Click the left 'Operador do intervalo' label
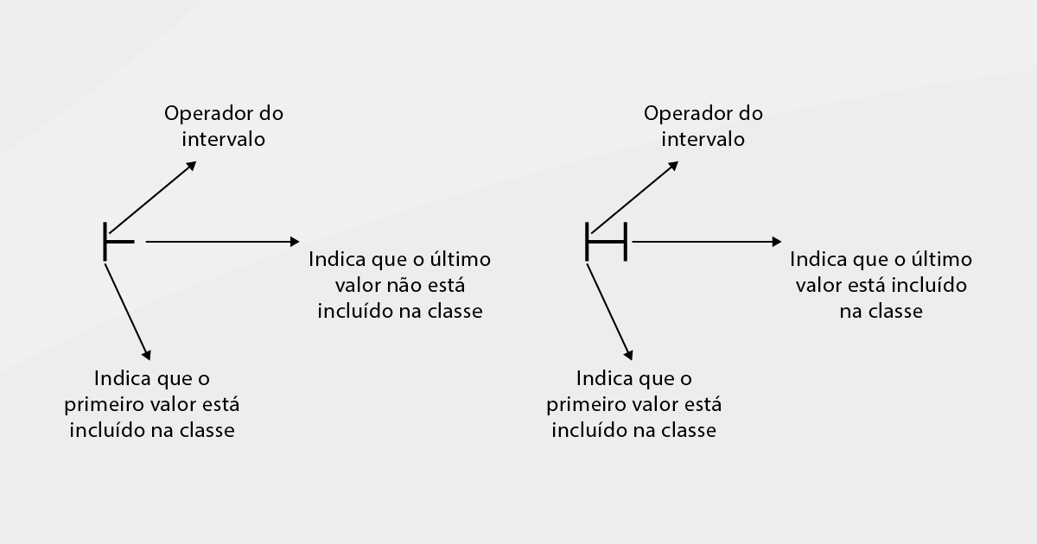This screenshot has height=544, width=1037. [x=224, y=126]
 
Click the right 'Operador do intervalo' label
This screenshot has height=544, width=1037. [x=703, y=126]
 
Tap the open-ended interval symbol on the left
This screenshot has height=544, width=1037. [x=119, y=242]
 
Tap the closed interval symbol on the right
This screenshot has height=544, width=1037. [x=607, y=242]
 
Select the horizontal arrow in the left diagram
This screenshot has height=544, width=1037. [x=223, y=242]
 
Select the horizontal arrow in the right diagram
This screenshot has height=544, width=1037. [x=707, y=242]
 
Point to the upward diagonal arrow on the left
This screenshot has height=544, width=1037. [x=153, y=197]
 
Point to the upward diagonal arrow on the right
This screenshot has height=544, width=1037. [x=634, y=197]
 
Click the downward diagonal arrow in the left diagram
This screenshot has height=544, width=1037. [x=128, y=312]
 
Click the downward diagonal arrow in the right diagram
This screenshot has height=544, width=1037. [x=610, y=312]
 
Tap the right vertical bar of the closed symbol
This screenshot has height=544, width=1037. [x=626, y=242]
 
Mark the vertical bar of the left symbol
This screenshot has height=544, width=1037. [x=105, y=242]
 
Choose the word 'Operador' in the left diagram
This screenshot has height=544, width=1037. [x=207, y=114]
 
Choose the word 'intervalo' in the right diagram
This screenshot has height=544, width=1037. [x=703, y=139]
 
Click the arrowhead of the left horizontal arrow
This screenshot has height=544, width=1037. [x=295, y=242]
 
